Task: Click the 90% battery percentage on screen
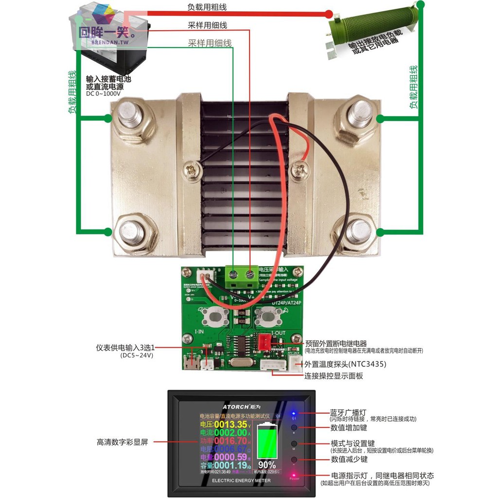pos(267,464)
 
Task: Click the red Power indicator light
pos(294,475)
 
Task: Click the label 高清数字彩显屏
pos(122,442)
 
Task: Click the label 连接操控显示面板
pos(334,376)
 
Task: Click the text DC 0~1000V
pos(103,94)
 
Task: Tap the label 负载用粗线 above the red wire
pos(207,7)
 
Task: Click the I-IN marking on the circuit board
pos(199,332)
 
